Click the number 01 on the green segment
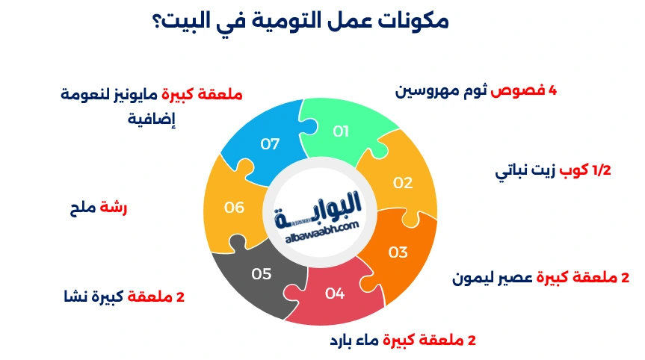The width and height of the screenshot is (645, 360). point(342,131)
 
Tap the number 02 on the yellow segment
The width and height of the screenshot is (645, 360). point(403,182)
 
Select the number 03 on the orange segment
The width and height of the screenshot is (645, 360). point(398,252)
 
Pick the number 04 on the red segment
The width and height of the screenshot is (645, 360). point(335,294)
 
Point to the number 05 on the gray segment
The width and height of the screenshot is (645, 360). point(262,274)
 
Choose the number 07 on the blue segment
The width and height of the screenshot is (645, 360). point(270,143)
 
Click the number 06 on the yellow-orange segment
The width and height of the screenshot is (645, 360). point(235,208)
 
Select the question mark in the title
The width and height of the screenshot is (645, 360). point(160,22)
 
